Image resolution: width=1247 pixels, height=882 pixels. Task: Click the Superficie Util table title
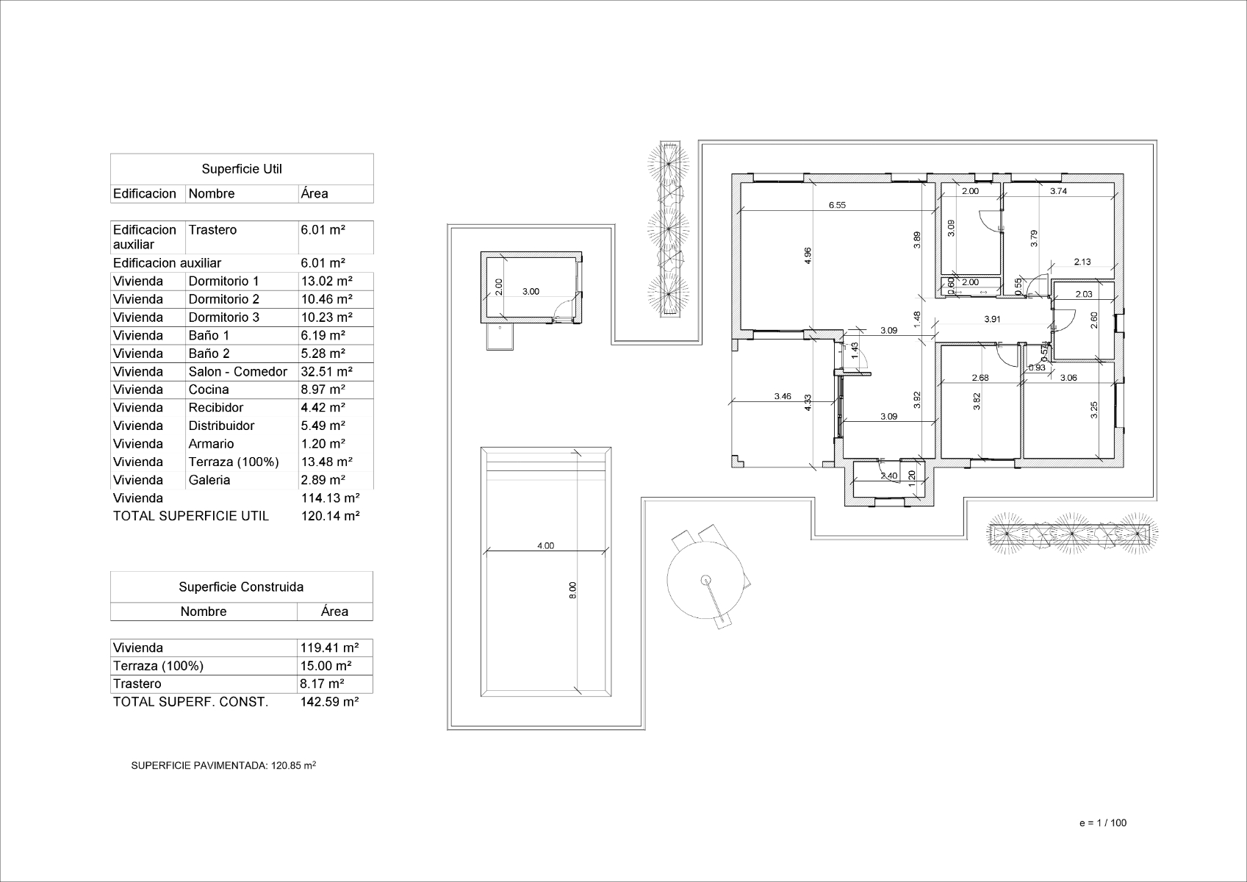(x=242, y=169)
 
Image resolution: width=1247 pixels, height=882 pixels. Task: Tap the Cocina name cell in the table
(x=209, y=390)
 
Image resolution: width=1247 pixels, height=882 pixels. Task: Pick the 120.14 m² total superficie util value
(x=330, y=516)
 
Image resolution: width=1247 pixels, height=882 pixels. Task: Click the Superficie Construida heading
(x=241, y=587)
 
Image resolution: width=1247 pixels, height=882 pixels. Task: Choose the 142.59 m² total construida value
(x=329, y=702)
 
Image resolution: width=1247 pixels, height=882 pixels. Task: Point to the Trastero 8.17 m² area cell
(x=323, y=684)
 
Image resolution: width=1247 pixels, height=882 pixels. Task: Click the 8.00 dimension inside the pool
(x=573, y=590)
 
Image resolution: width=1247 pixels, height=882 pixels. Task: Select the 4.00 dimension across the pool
(x=545, y=545)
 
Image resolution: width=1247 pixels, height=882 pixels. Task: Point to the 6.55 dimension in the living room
(x=837, y=205)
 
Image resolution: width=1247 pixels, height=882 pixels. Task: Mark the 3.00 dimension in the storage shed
(x=531, y=291)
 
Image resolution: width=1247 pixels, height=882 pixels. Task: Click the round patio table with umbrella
(x=706, y=580)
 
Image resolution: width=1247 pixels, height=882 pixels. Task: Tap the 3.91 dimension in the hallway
(x=992, y=319)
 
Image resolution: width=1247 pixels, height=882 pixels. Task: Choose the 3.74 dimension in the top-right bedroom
(x=1058, y=191)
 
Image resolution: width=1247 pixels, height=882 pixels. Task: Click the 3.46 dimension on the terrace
(x=783, y=396)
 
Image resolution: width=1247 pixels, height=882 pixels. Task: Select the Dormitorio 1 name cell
(x=224, y=282)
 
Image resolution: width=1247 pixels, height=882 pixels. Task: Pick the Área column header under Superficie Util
(x=315, y=194)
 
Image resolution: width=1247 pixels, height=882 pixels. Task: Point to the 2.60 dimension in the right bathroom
(x=1094, y=320)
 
